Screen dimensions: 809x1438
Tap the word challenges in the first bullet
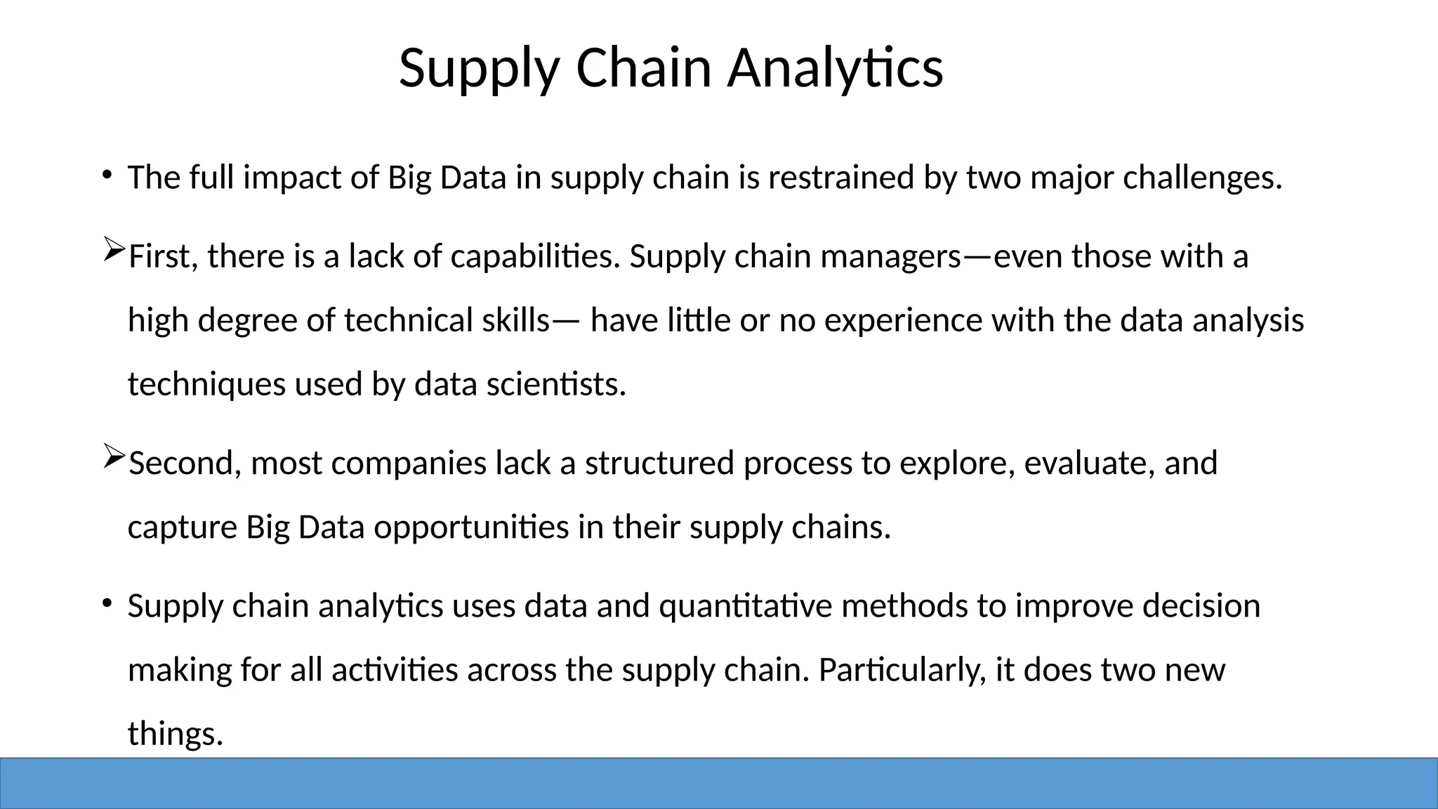click(x=1202, y=178)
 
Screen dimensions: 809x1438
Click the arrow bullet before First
click(x=113, y=250)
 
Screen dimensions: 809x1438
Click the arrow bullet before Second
click(x=113, y=456)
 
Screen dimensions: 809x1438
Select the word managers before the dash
click(x=890, y=257)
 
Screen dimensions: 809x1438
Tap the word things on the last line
click(x=175, y=734)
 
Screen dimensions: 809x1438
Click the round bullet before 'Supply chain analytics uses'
click(x=106, y=603)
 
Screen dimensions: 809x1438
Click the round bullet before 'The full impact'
click(x=106, y=174)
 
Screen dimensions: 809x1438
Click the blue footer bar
click(x=719, y=783)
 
